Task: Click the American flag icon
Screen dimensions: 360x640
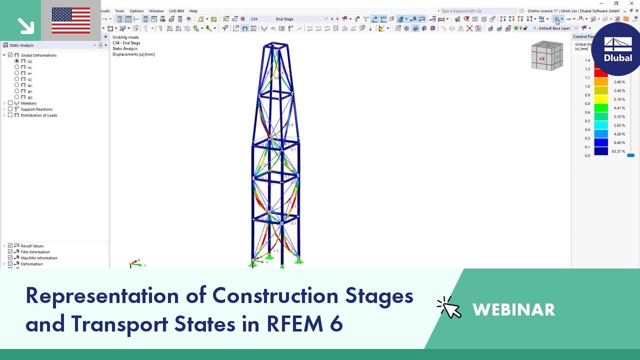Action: pyautogui.click(x=71, y=20)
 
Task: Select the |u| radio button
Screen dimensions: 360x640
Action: pyautogui.click(x=17, y=61)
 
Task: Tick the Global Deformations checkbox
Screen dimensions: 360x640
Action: pyautogui.click(x=10, y=55)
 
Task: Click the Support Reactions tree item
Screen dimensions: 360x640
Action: pyautogui.click(x=36, y=109)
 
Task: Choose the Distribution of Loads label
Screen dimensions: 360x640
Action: pyautogui.click(x=39, y=115)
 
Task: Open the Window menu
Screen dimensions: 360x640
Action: pyautogui.click(x=156, y=11)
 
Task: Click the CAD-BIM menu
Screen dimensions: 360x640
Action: pyautogui.click(x=176, y=11)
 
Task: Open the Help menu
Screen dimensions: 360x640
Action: pyautogui.click(x=193, y=11)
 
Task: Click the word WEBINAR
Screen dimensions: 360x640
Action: pyautogui.click(x=513, y=310)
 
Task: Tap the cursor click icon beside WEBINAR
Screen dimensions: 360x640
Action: pyautogui.click(x=448, y=307)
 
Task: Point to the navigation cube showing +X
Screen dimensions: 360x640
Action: pyautogui.click(x=546, y=56)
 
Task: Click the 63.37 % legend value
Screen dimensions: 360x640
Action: pyautogui.click(x=618, y=151)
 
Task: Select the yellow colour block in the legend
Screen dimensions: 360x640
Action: pyautogui.click(x=601, y=99)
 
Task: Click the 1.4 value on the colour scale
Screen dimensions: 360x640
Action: pyautogui.click(x=587, y=60)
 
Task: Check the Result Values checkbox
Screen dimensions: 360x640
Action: pyautogui.click(x=10, y=246)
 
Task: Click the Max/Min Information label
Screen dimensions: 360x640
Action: pyautogui.click(x=39, y=258)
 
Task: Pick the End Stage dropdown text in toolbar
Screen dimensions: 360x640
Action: pyautogui.click(x=284, y=19)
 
